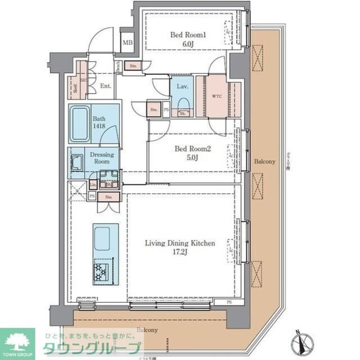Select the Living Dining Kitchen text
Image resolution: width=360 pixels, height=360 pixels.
[x=180, y=243]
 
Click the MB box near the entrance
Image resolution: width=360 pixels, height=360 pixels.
[x=127, y=43]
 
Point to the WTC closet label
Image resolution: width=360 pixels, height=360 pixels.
[x=217, y=96]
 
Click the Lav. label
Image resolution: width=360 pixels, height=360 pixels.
[x=181, y=86]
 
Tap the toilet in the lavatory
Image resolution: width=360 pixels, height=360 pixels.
[x=184, y=103]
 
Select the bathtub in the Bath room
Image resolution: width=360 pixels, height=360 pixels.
[x=80, y=123]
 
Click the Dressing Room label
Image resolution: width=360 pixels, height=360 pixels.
[x=102, y=158]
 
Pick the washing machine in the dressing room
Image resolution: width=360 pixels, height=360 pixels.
[x=76, y=163]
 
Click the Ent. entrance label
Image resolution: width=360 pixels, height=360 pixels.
[x=105, y=86]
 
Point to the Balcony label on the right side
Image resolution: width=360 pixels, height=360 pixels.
[x=265, y=162]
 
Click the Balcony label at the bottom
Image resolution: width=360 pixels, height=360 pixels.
[x=147, y=330]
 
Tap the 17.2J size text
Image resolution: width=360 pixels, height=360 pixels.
[x=180, y=252]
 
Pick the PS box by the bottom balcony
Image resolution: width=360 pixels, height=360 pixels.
[x=229, y=302]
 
